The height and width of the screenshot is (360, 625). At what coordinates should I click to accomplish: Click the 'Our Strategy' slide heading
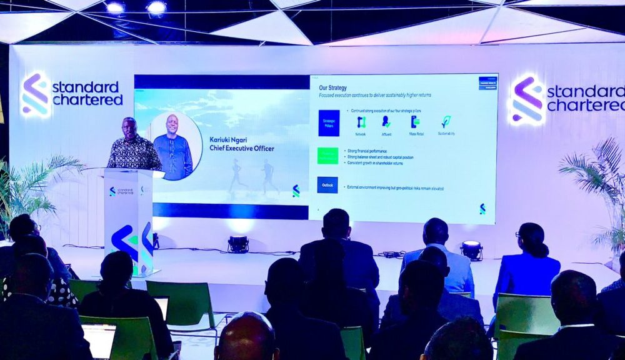click(x=332, y=87)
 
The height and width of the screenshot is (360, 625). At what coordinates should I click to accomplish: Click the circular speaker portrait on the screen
click(x=173, y=146)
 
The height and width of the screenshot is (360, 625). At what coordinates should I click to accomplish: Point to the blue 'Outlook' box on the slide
click(x=327, y=185)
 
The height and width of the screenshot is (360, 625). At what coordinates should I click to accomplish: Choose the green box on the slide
click(x=327, y=156)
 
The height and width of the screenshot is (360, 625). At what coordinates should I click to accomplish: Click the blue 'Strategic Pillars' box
click(x=329, y=122)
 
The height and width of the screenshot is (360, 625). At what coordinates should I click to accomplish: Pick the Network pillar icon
click(x=361, y=122)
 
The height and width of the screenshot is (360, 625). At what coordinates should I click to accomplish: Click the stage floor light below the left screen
click(x=237, y=244)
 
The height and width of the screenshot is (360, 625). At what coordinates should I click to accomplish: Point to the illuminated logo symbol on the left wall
click(x=36, y=95)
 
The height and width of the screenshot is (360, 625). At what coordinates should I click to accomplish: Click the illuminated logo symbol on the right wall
click(x=527, y=100)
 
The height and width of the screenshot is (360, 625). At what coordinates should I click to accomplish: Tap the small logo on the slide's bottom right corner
click(x=482, y=209)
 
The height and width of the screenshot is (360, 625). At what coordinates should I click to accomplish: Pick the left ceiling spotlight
click(x=114, y=7)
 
